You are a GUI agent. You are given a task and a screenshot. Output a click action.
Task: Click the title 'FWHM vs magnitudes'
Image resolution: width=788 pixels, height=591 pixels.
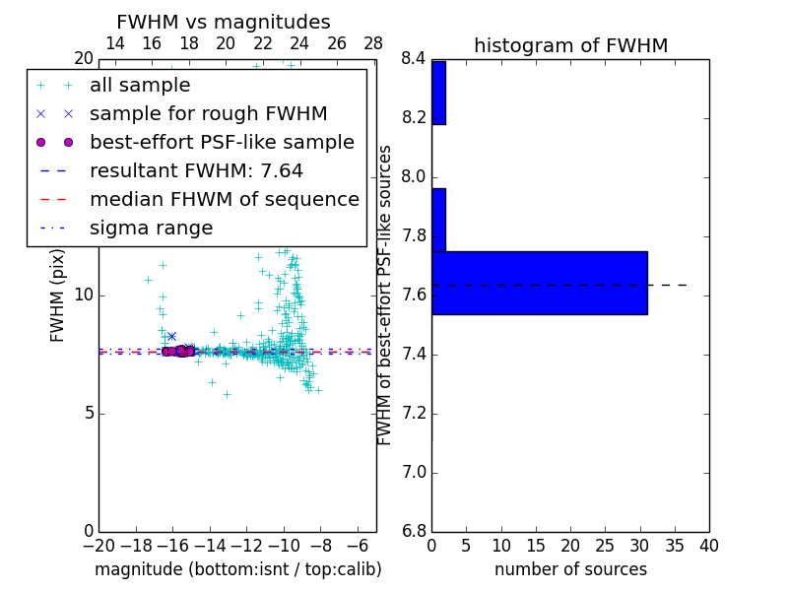pyautogui.click(x=224, y=22)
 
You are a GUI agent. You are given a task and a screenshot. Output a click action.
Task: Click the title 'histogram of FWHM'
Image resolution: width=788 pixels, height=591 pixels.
pyautogui.click(x=570, y=45)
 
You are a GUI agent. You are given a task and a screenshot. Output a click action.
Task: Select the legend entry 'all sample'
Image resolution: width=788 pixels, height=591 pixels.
pyautogui.click(x=140, y=86)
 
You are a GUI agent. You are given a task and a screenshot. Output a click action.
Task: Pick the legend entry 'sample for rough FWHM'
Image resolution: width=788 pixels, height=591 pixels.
pyautogui.click(x=208, y=114)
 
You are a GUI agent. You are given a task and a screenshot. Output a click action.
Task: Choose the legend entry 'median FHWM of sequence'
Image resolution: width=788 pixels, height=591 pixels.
pyautogui.click(x=224, y=200)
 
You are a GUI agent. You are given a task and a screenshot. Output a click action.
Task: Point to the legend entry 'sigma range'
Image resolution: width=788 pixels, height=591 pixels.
pyautogui.click(x=151, y=229)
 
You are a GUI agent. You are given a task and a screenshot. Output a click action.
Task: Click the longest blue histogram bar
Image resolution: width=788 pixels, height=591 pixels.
pyautogui.click(x=539, y=283)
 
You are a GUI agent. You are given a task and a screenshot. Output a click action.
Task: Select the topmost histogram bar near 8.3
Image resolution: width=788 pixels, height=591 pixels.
pyautogui.click(x=438, y=93)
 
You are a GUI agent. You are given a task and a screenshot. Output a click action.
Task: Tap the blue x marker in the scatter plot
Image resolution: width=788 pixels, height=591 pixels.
pyautogui.click(x=171, y=337)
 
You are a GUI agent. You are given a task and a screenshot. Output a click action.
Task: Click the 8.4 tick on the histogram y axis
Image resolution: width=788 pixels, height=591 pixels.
pyautogui.click(x=414, y=59)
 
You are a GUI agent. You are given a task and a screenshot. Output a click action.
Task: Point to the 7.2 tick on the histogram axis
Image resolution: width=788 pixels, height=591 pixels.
pyautogui.click(x=414, y=414)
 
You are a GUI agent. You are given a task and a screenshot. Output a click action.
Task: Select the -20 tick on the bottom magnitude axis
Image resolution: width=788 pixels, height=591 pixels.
pyautogui.click(x=98, y=545)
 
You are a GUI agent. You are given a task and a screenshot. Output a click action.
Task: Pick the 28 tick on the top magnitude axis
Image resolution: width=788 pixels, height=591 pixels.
pyautogui.click(x=373, y=43)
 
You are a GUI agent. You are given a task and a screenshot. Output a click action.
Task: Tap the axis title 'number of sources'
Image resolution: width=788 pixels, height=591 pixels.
pyautogui.click(x=570, y=569)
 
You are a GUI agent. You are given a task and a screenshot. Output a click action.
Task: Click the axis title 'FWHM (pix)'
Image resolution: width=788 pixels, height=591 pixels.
pyautogui.click(x=57, y=295)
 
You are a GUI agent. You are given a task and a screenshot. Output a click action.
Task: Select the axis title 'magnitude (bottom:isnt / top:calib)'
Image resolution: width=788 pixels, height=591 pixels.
pyautogui.click(x=237, y=569)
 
